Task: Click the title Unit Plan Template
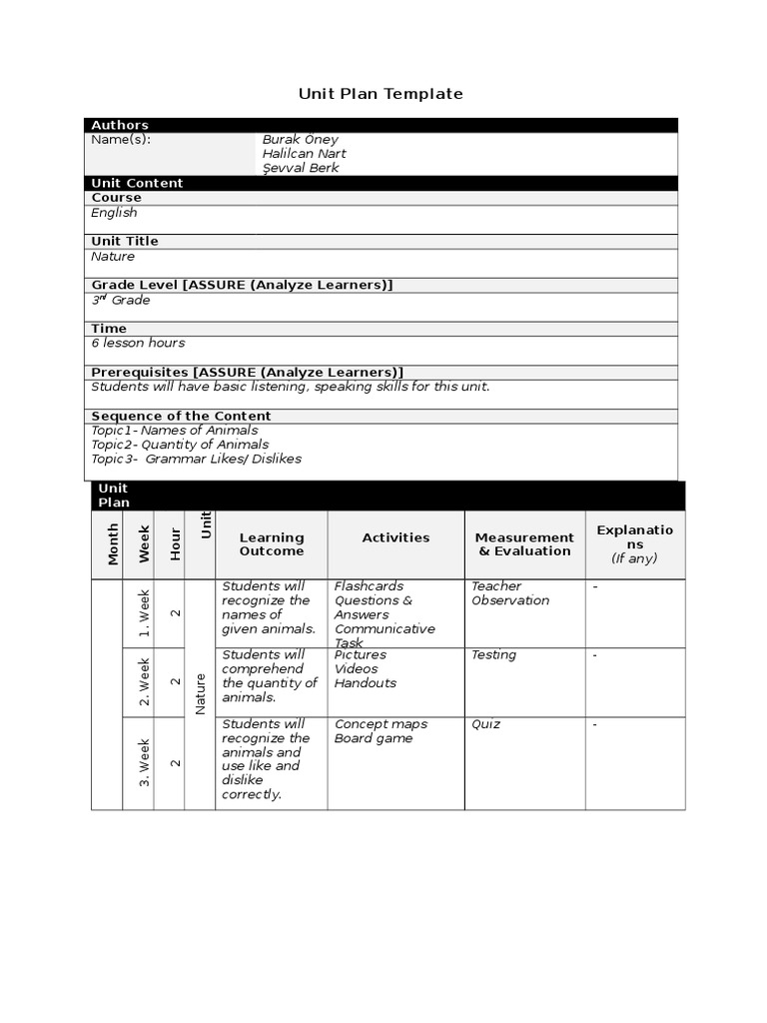[381, 94]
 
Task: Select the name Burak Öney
[300, 140]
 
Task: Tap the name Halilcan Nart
[304, 154]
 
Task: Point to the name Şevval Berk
[301, 168]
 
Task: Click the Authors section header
[120, 125]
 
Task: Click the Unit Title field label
[125, 241]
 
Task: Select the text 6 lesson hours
[138, 343]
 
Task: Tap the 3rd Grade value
[121, 300]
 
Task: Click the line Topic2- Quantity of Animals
[180, 445]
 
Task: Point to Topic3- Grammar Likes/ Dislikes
[196, 459]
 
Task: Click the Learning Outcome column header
[272, 544]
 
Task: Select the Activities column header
[395, 537]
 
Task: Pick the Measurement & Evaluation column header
[524, 544]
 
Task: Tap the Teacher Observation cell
[509, 593]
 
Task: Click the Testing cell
[493, 655]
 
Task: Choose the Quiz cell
[485, 724]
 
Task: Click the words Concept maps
[381, 724]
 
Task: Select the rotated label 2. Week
[145, 681]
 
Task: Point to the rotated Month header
[113, 544]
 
